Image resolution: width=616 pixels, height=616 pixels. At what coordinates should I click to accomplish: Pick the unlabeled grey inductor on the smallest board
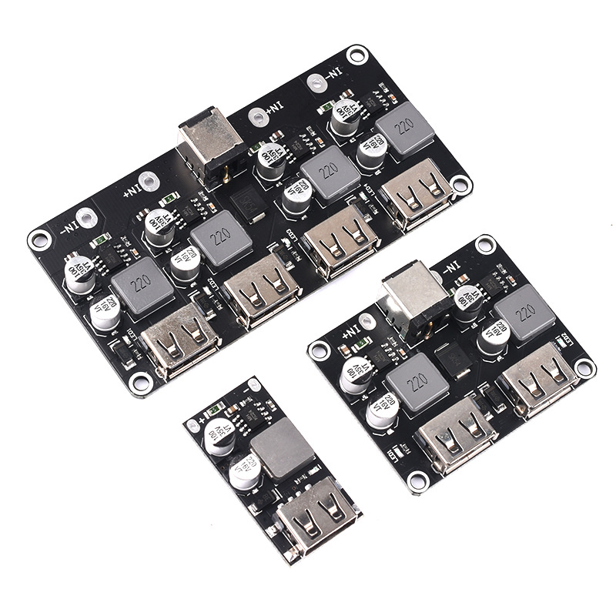(283, 451)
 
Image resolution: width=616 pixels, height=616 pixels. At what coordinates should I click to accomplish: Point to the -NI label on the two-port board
(450, 266)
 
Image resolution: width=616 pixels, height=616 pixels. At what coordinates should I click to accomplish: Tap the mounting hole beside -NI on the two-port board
(484, 245)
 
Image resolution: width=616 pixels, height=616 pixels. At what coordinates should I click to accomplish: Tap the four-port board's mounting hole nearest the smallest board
(142, 380)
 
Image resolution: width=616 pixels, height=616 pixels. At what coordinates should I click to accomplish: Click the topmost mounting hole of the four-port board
(356, 55)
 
